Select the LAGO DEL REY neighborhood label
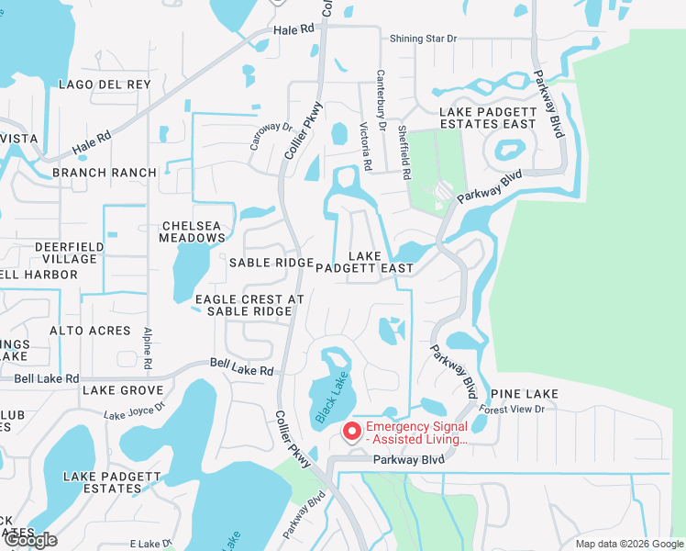[x=105, y=84]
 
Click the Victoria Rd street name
[x=366, y=147]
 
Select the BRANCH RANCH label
[x=105, y=173]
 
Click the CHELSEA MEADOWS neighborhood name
[x=193, y=231]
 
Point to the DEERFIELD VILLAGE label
[x=66, y=253]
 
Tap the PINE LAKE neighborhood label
[x=524, y=394]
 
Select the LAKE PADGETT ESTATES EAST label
[x=487, y=118]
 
